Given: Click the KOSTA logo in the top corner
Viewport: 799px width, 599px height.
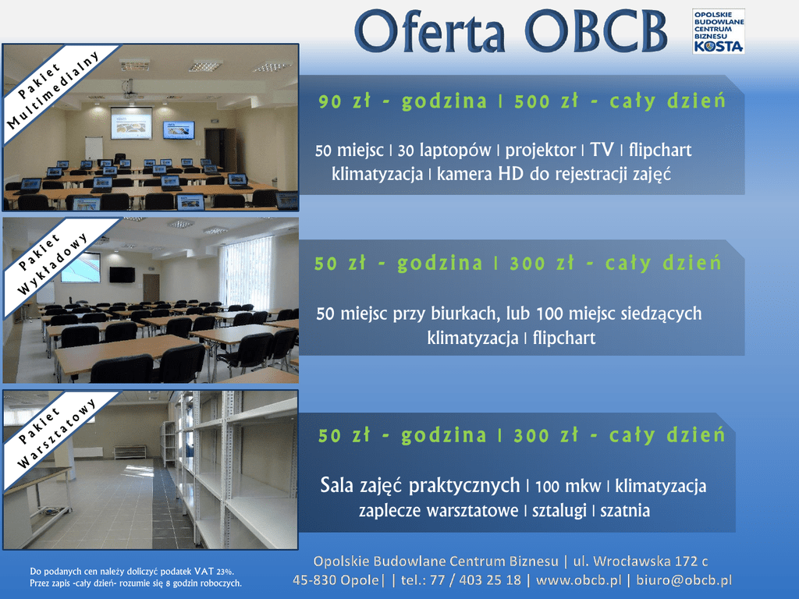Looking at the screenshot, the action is click(x=718, y=31).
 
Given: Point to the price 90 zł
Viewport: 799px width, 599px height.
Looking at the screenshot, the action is click(x=344, y=101).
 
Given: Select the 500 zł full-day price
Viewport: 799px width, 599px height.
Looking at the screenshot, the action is click(x=546, y=101).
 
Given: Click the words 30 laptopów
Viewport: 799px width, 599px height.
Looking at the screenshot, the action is click(x=444, y=151).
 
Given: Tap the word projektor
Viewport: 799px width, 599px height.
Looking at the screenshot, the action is click(x=540, y=151).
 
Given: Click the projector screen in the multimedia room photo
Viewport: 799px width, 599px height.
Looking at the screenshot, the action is click(x=131, y=122).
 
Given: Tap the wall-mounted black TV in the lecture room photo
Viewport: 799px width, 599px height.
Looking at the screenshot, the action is click(x=123, y=275).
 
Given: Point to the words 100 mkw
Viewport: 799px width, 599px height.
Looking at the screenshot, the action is click(x=568, y=487).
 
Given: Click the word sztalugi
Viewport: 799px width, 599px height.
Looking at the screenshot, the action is click(x=559, y=511).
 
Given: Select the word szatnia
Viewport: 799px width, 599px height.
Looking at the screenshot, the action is click(x=625, y=510).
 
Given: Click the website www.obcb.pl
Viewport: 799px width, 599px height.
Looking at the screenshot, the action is click(x=579, y=580).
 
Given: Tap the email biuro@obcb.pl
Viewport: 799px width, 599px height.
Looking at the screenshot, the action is click(x=684, y=580).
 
